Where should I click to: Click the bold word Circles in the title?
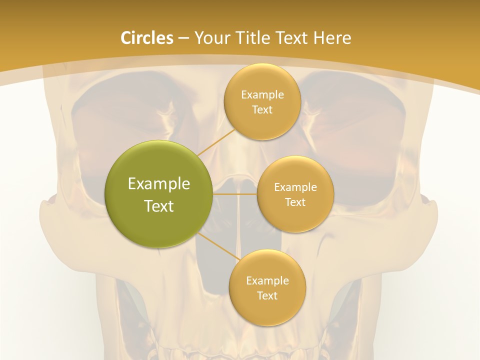pos(146,38)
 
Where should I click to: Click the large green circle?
pos(159,194)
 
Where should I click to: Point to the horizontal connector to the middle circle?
pos(235,194)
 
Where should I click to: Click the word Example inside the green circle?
pos(159,183)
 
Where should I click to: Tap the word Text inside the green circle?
pos(159,206)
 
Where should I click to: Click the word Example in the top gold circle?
pos(262,94)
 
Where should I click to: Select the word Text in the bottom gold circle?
pos(267,295)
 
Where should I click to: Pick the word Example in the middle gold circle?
pos(295,187)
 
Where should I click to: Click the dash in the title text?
pos(183,38)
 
